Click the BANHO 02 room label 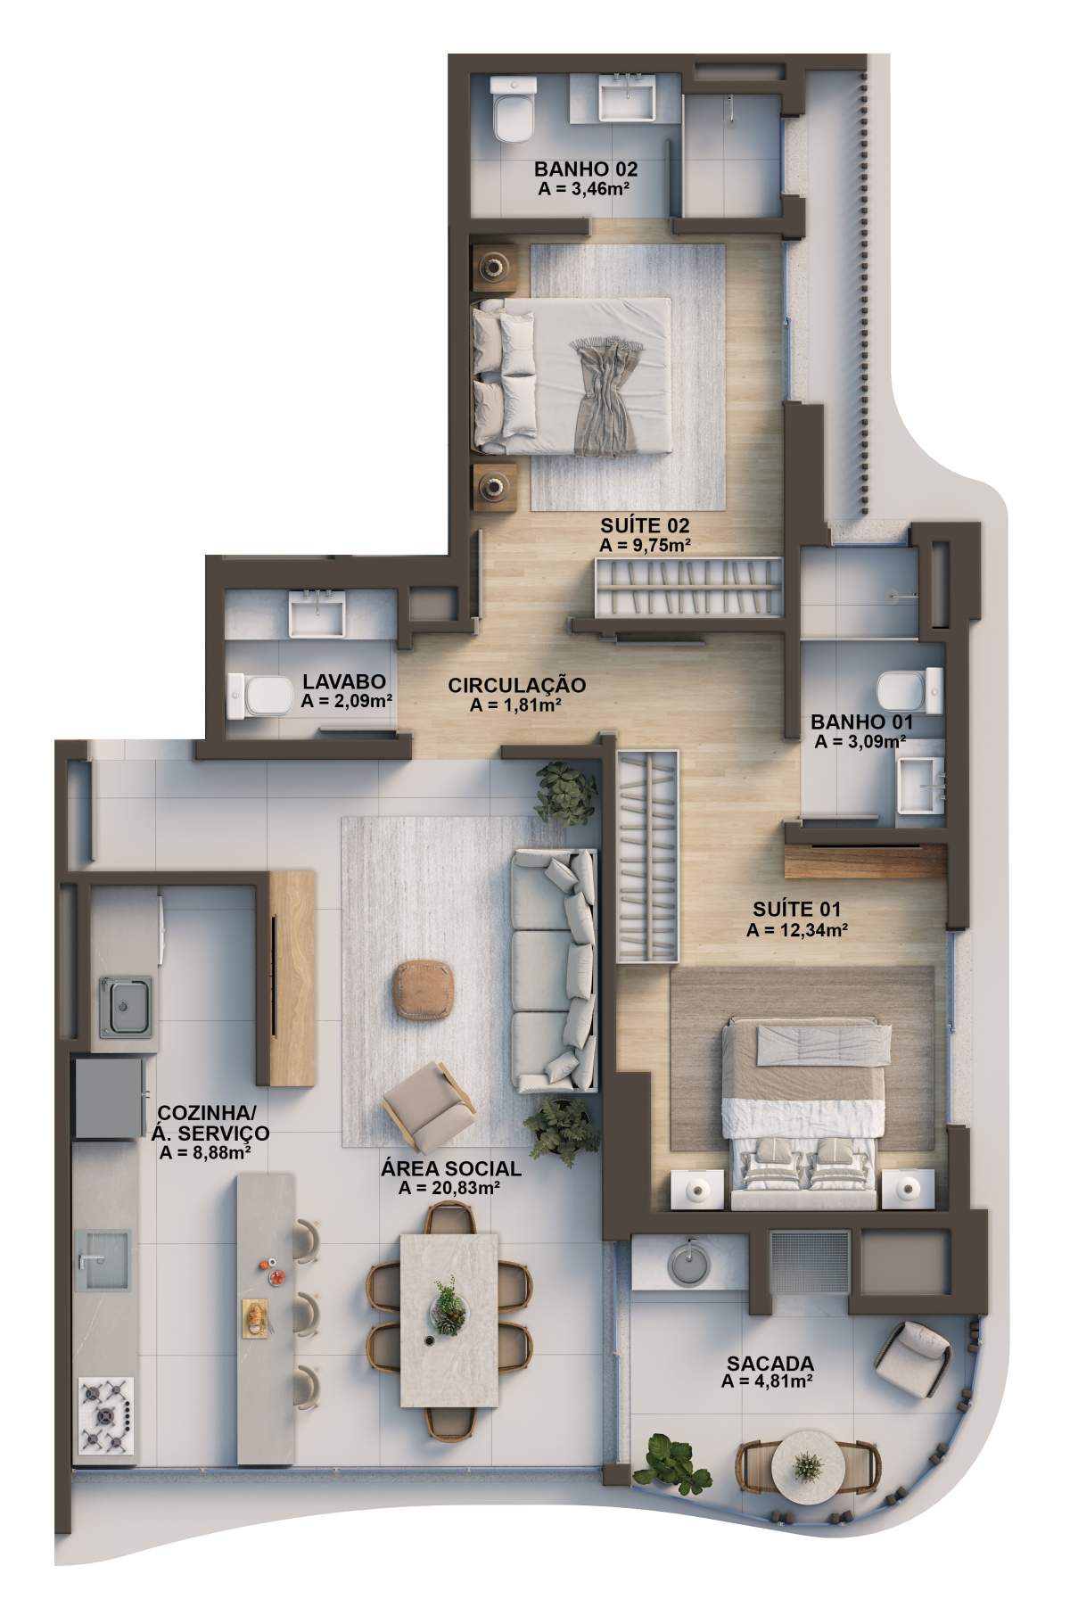coord(586,169)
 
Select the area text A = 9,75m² coord(646,545)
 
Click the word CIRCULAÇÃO coord(517,685)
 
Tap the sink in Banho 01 coord(920,786)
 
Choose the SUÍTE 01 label coord(796,910)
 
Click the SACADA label coord(770,1364)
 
